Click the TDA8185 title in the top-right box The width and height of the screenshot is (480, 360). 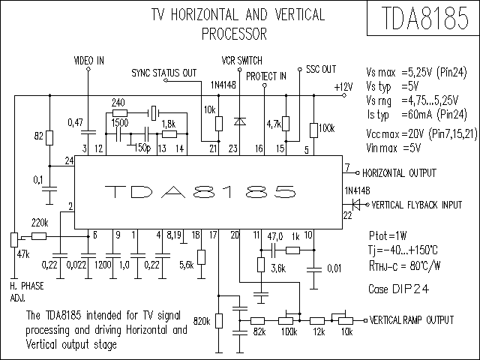point(425,18)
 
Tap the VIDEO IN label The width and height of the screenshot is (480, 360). point(89,61)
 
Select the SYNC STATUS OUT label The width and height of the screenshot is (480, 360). point(164,73)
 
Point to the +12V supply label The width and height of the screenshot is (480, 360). point(343,87)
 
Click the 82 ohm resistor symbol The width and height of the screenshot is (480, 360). point(49,137)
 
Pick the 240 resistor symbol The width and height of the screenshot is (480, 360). point(120,112)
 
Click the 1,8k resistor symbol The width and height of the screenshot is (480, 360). point(169,133)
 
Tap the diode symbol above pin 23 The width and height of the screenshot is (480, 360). point(240,121)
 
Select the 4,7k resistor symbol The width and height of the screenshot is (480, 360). point(286,123)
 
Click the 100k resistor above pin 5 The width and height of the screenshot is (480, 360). point(313,130)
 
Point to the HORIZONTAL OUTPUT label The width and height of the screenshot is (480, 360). point(399,173)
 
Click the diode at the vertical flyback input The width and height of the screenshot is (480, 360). point(356,205)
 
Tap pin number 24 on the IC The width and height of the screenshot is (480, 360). point(69,160)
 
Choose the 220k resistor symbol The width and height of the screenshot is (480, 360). point(39,236)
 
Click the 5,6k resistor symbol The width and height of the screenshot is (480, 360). point(201,257)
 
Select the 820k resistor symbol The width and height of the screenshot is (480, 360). point(218,321)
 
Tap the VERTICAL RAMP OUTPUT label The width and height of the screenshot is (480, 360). point(412,320)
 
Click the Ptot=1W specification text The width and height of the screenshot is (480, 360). point(388,235)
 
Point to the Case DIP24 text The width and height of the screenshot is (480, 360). point(398,289)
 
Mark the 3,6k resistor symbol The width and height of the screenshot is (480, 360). point(261,265)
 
